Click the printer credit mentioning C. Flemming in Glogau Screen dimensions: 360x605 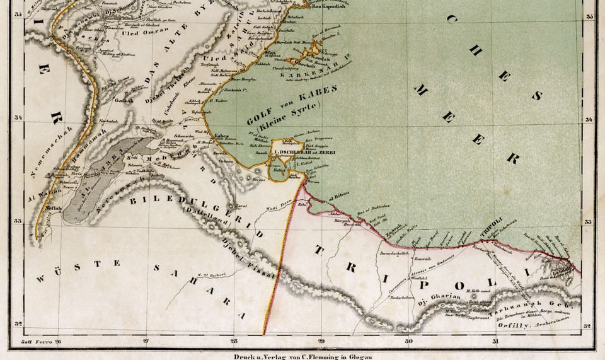(x=302, y=354)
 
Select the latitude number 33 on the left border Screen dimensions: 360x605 (x=17, y=221)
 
